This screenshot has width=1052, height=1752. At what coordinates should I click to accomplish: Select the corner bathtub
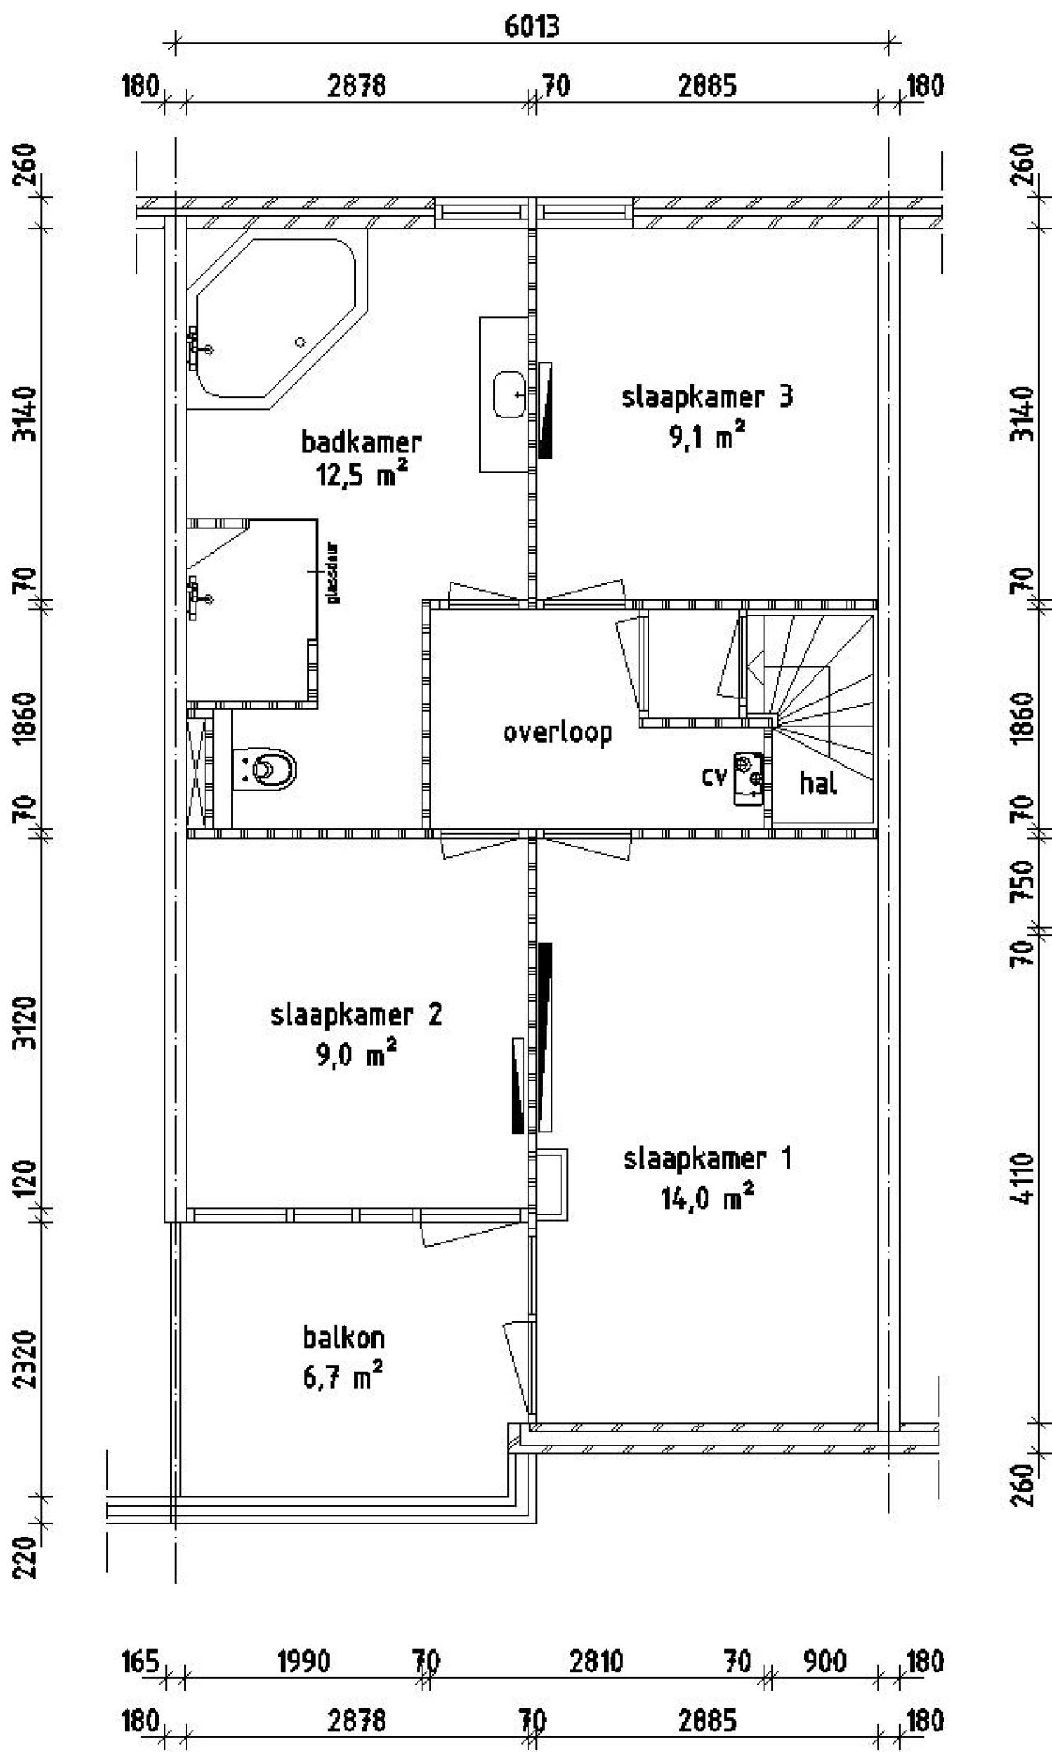click(x=271, y=325)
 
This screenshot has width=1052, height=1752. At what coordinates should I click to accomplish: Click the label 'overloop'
click(x=558, y=732)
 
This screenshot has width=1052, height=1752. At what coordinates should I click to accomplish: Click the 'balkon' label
click(x=344, y=1337)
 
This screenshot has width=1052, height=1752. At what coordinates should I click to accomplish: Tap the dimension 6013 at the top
click(x=531, y=27)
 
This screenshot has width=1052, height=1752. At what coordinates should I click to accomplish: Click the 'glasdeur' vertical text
click(x=335, y=572)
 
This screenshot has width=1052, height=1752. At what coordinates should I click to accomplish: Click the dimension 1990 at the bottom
click(x=303, y=1662)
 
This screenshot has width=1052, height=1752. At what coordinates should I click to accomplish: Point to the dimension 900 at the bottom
click(x=824, y=1662)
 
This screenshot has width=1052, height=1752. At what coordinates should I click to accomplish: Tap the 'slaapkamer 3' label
click(x=707, y=398)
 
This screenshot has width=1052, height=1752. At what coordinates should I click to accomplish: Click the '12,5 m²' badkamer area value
click(x=362, y=474)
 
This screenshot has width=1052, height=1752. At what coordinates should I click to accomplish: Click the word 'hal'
click(x=818, y=784)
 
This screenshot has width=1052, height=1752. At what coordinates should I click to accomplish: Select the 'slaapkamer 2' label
click(x=356, y=1015)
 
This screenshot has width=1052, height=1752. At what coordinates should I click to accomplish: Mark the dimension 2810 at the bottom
click(x=596, y=1662)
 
